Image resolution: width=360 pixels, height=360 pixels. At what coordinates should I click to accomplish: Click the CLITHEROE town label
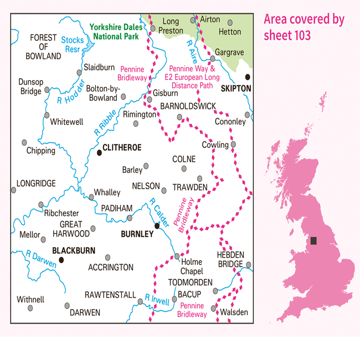click(x=122, y=147)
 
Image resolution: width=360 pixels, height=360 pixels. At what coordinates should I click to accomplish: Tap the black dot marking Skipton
click(x=247, y=76)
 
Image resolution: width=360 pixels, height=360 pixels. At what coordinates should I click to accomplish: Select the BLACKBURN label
click(x=73, y=251)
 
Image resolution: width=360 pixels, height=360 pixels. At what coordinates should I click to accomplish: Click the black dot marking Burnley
click(x=157, y=225)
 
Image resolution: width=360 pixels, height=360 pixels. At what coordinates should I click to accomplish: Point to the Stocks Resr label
click(x=72, y=44)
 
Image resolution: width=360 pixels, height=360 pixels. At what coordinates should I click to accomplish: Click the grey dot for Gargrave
click(x=213, y=58)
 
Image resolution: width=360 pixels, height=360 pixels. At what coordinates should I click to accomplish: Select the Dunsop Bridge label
click(x=30, y=86)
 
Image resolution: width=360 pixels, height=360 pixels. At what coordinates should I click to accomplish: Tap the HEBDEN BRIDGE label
click(x=230, y=259)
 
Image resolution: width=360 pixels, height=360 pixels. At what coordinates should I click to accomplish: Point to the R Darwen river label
click(x=41, y=259)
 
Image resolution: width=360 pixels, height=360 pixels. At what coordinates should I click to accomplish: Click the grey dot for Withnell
click(x=31, y=308)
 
